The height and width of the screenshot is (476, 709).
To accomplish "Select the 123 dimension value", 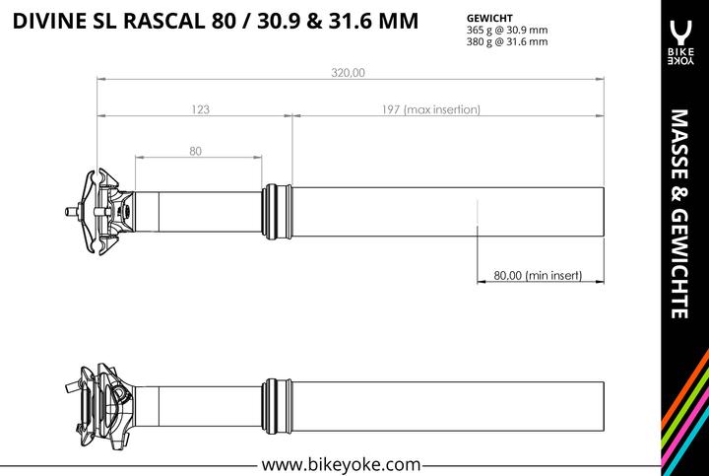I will [x=199, y=110].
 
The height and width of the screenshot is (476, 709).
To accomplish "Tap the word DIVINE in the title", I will [x=49, y=22].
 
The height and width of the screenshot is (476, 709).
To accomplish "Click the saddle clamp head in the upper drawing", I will [x=106, y=209].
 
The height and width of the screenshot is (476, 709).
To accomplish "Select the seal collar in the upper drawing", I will [x=279, y=209].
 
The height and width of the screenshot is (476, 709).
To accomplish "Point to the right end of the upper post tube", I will [x=599, y=209].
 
